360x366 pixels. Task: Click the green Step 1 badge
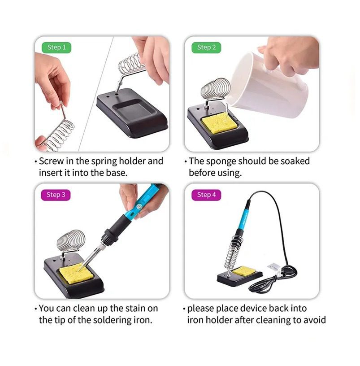click(56, 48)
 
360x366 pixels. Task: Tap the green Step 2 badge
click(206, 48)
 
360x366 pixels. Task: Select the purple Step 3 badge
click(56, 195)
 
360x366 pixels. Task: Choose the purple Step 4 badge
click(206, 195)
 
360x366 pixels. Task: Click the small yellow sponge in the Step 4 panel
click(244, 271)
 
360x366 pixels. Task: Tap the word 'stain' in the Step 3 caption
click(136, 308)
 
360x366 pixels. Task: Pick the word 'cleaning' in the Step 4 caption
click(275, 320)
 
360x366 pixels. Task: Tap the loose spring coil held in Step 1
click(60, 134)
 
